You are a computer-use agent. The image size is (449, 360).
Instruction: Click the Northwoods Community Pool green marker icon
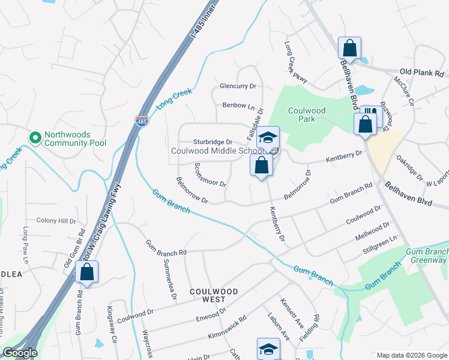click(x=35, y=138)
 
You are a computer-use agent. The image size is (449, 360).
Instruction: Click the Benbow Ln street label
click(x=239, y=106)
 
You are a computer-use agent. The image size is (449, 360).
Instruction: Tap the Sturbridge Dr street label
click(x=212, y=142)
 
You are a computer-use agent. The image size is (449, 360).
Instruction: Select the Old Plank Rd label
click(x=424, y=72)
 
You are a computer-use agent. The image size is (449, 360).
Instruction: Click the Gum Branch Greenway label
click(x=427, y=256)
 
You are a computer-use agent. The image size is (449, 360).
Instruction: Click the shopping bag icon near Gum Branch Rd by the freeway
click(x=87, y=272)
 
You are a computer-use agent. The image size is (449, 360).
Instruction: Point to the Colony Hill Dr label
click(x=56, y=221)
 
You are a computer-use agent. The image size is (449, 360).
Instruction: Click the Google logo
click(x=20, y=353)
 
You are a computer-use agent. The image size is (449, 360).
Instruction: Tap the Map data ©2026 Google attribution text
click(x=411, y=355)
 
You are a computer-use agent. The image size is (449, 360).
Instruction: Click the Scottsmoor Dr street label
click(x=210, y=175)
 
